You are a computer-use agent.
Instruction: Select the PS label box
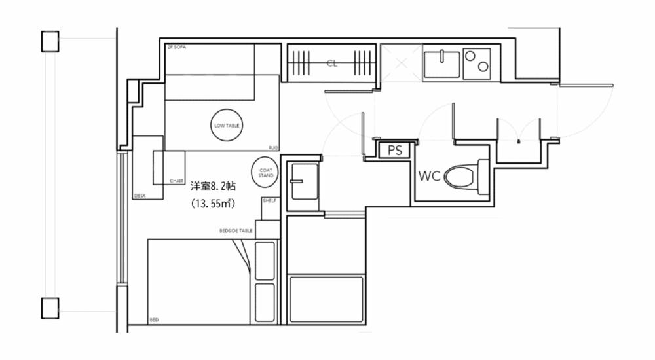394,151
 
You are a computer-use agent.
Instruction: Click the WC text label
429,175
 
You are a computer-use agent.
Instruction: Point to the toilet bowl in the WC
460,176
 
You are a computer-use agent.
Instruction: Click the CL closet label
331,63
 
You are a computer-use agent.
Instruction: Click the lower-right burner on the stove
483,67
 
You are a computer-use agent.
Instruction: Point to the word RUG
273,147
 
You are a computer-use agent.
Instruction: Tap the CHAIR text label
176,181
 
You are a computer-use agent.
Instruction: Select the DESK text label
139,196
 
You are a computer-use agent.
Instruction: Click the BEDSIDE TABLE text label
236,231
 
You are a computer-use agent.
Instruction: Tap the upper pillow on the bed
264,260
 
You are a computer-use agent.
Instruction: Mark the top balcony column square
50,41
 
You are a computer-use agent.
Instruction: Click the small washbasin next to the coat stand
304,181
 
